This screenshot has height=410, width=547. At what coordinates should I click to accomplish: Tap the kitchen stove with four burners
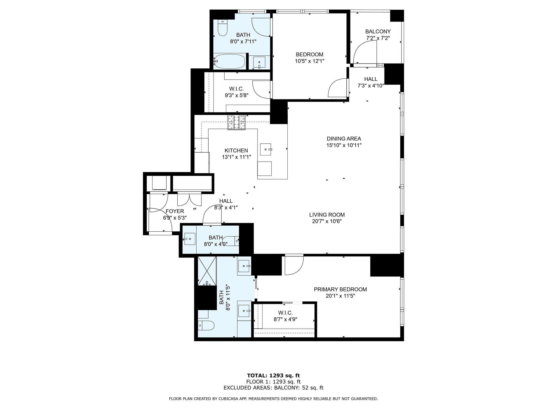pyautogui.click(x=236, y=123)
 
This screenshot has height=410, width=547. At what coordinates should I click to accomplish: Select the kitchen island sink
pyautogui.click(x=266, y=149)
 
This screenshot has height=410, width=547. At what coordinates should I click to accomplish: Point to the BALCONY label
pyautogui.click(x=378, y=31)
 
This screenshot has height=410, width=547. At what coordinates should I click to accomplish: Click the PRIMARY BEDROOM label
pyautogui.click(x=340, y=289)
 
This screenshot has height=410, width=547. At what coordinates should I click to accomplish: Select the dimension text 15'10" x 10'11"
pyautogui.click(x=344, y=145)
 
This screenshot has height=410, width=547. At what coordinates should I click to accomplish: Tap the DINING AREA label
pyautogui.click(x=344, y=139)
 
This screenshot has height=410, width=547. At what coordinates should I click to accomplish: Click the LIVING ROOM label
pyautogui.click(x=327, y=215)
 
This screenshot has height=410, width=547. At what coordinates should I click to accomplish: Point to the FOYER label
pyautogui.click(x=175, y=211)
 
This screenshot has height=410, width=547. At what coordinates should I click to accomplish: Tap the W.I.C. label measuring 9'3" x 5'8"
pyautogui.click(x=236, y=89)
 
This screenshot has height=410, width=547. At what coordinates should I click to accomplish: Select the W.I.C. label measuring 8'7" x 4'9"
pyautogui.click(x=285, y=313)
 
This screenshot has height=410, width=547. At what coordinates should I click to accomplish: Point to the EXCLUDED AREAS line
pyautogui.click(x=273, y=388)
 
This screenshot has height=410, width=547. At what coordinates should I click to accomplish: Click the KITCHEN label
pyautogui.click(x=236, y=151)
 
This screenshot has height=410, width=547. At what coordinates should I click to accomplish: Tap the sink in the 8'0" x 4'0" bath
pyautogui.click(x=189, y=239)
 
